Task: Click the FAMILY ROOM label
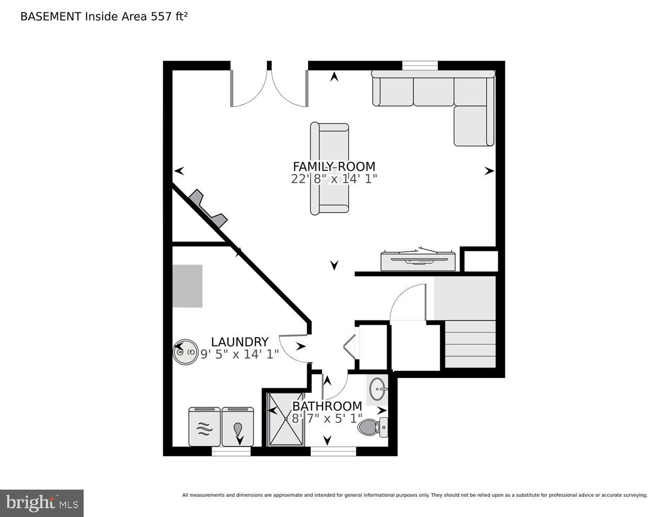[334, 166]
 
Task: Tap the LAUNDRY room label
[240, 342]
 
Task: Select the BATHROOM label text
[327, 406]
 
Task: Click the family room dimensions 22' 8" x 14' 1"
[334, 179]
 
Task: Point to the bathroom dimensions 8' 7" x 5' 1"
[327, 418]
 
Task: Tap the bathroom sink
[377, 388]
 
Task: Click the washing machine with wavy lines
[204, 427]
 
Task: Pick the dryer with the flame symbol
[237, 427]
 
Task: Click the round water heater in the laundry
[185, 352]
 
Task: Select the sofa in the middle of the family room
[329, 169]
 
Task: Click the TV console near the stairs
[419, 261]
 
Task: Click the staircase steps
[470, 344]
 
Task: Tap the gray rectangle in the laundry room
[187, 286]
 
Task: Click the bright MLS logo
[42, 503]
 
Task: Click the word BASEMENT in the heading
[50, 16]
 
